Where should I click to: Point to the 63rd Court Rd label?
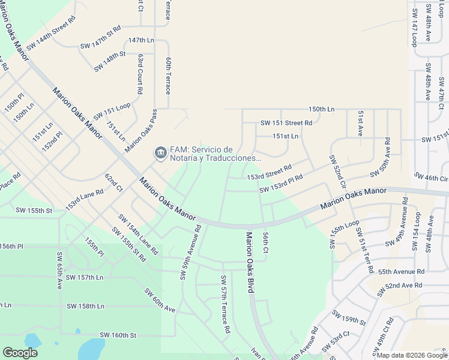pyautogui.click(x=140, y=74)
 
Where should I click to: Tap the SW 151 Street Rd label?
pyautogui.click(x=286, y=123)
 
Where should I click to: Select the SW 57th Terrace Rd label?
pyautogui.click(x=225, y=304)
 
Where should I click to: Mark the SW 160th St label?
pyautogui.click(x=118, y=335)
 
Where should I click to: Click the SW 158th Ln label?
pyautogui.click(x=85, y=306)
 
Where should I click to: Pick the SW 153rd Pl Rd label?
pyautogui.click(x=281, y=184)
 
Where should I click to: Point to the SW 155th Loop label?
pyautogui.click(x=344, y=234)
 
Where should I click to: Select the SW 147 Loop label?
pyautogui.click(x=414, y=27)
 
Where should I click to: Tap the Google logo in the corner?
pyautogui.click(x=20, y=353)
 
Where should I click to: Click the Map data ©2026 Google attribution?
pyautogui.click(x=412, y=355)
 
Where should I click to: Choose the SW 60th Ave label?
pyautogui.click(x=159, y=300)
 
